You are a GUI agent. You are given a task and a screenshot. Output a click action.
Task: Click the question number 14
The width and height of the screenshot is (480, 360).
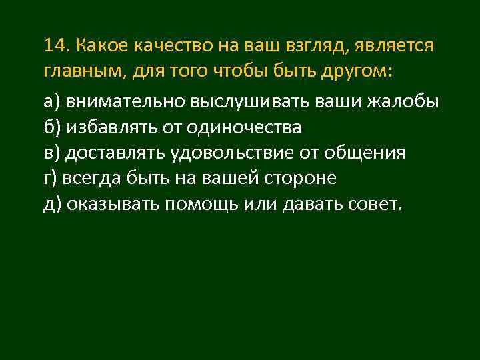point(56,45)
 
